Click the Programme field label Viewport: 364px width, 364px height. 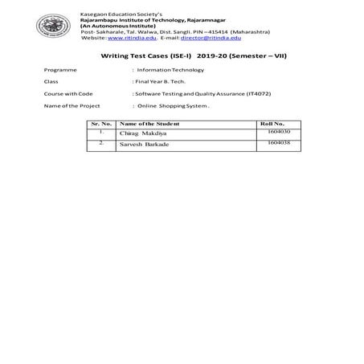61,70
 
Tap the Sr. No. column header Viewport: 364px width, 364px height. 101,124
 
